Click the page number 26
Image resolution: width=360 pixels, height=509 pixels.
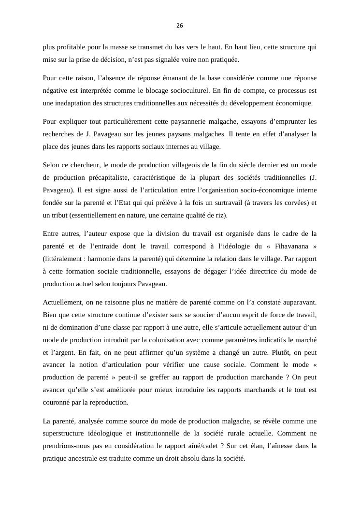pos(180,26)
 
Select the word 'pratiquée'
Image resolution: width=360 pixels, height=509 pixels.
pos(223,60)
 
